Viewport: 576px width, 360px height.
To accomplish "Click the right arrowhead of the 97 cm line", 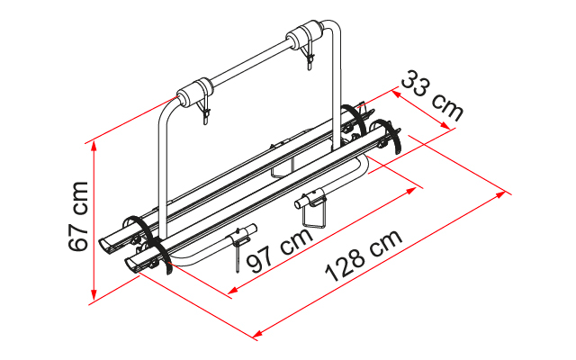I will [x=418, y=187].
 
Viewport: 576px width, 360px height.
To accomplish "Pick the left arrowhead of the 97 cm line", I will [x=230, y=292].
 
